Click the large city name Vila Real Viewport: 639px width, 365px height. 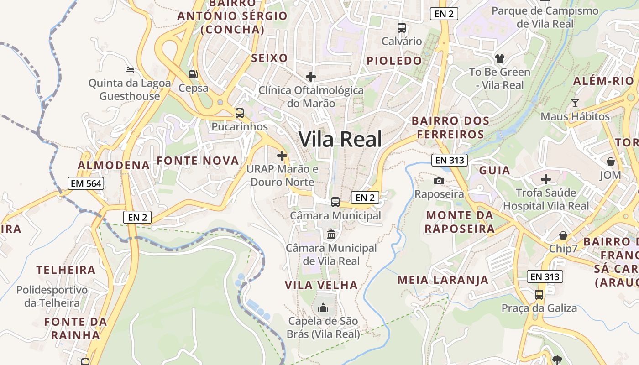pyautogui.click(x=340, y=139)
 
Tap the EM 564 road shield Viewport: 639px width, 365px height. pyautogui.click(x=86, y=183)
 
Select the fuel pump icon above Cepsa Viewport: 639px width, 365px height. pyautogui.click(x=194, y=74)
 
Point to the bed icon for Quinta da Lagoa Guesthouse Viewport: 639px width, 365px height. pyautogui.click(x=130, y=70)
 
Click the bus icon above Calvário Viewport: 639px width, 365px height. pyautogui.click(x=402, y=27)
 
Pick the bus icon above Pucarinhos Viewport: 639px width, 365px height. pyautogui.click(x=239, y=113)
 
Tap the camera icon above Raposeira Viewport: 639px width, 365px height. pyautogui.click(x=439, y=181)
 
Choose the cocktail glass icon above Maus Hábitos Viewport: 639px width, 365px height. pyautogui.click(x=575, y=103)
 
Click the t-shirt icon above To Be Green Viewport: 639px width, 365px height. pyautogui.click(x=500, y=58)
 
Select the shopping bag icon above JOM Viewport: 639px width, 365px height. pyautogui.click(x=610, y=162)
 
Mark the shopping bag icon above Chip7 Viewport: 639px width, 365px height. pyautogui.click(x=563, y=235)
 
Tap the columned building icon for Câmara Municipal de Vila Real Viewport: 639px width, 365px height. pyautogui.click(x=331, y=235)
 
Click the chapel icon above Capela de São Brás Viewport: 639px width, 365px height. pyautogui.click(x=323, y=308)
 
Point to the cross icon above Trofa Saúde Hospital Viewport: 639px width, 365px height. pyautogui.click(x=545, y=179)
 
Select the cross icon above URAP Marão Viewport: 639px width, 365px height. pyautogui.click(x=282, y=156)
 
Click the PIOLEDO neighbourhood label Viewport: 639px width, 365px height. pyautogui.click(x=394, y=61)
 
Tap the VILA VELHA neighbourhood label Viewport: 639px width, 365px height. pyautogui.click(x=321, y=285)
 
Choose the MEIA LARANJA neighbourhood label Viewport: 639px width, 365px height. pyautogui.click(x=443, y=280)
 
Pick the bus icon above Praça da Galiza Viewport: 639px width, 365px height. pyautogui.click(x=539, y=294)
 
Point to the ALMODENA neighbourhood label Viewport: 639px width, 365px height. pyautogui.click(x=114, y=165)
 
